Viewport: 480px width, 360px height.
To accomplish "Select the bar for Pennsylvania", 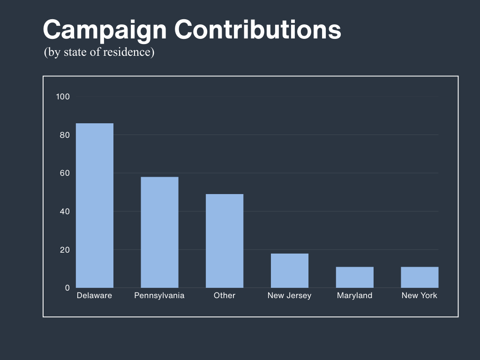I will click(159, 232).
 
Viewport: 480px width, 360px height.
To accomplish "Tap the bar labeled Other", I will click(225, 240).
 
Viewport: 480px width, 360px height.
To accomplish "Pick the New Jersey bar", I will click(290, 270).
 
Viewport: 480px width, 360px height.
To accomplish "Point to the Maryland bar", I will click(355, 277).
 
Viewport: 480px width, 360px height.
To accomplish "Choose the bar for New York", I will click(420, 277).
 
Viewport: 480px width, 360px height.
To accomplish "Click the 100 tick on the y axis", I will click(63, 97).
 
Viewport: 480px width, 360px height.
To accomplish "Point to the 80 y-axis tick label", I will click(65, 135).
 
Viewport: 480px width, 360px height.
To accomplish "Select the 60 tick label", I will click(65, 173).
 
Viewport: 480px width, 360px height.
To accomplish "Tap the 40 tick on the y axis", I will click(65, 211).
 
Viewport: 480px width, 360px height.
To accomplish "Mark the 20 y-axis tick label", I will click(65, 250).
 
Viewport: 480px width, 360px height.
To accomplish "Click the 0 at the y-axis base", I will click(67, 288).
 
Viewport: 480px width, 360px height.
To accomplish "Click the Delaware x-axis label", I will click(94, 295).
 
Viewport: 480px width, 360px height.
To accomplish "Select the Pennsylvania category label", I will click(159, 295).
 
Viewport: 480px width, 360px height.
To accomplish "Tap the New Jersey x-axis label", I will click(289, 295).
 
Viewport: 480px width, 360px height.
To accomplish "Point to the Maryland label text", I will click(354, 295).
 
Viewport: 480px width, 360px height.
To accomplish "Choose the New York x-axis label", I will click(420, 295).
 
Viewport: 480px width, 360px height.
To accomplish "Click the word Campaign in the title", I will click(105, 30).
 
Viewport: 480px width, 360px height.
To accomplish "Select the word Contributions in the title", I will click(258, 30).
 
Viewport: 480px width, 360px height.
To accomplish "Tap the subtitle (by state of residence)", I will click(99, 52).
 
